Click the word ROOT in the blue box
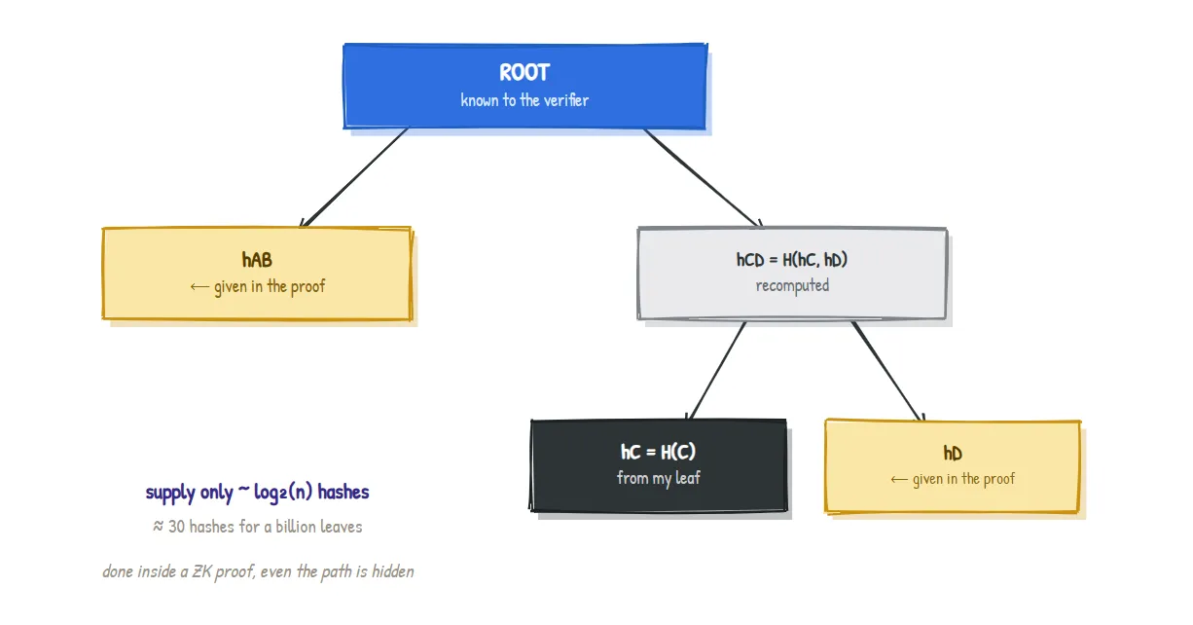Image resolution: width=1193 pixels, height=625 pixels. point(524,72)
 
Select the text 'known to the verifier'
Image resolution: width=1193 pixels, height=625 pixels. point(524,100)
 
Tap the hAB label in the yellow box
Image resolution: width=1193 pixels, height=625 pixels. point(257,260)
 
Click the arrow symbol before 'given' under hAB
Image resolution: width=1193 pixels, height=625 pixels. point(199,286)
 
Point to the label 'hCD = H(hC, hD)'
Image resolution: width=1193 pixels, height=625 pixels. point(792,260)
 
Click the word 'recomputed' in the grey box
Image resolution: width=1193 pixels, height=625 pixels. point(792,285)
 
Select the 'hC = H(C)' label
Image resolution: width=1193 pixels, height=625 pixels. point(658,452)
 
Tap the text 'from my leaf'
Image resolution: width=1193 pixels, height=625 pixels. point(658,478)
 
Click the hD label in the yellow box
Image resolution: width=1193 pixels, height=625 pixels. point(953,454)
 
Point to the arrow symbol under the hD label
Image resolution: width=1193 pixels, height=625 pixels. point(899,480)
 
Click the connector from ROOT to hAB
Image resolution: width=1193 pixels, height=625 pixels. point(355,177)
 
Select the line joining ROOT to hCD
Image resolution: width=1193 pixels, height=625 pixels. point(703,177)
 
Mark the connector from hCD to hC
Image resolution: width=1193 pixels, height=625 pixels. point(716,370)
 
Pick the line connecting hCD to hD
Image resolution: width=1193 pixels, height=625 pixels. point(887,371)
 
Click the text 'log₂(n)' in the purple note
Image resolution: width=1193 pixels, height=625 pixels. point(283,492)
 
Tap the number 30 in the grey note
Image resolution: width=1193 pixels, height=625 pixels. point(176,527)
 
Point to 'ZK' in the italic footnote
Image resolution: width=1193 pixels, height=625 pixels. point(200,571)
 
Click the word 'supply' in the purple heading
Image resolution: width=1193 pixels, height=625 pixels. point(167,493)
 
